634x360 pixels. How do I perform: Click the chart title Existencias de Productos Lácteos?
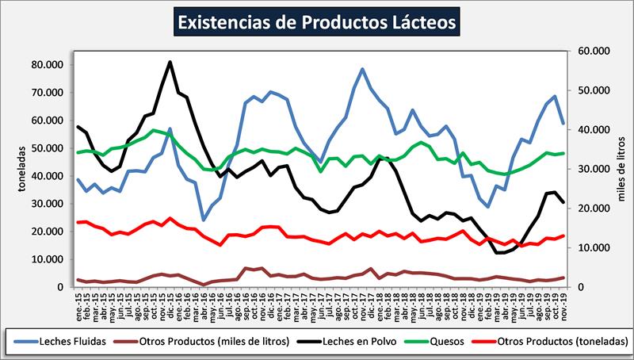pos(317,21)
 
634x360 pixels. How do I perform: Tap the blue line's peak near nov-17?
pos(362,69)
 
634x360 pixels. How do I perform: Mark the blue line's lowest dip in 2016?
pos(204,220)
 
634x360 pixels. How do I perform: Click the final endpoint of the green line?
pos(563,153)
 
